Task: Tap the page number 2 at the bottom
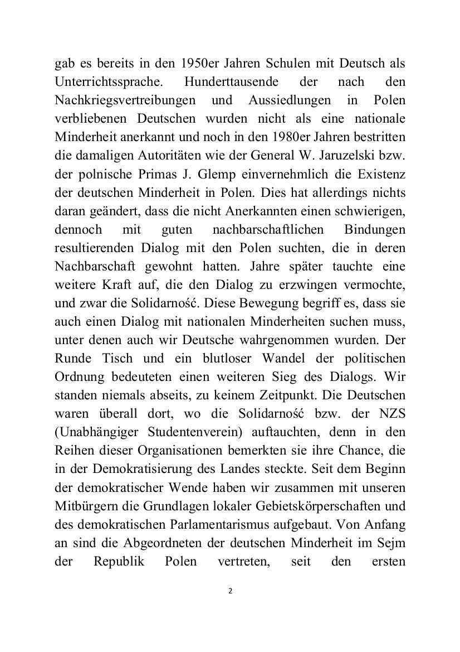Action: [230, 591]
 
